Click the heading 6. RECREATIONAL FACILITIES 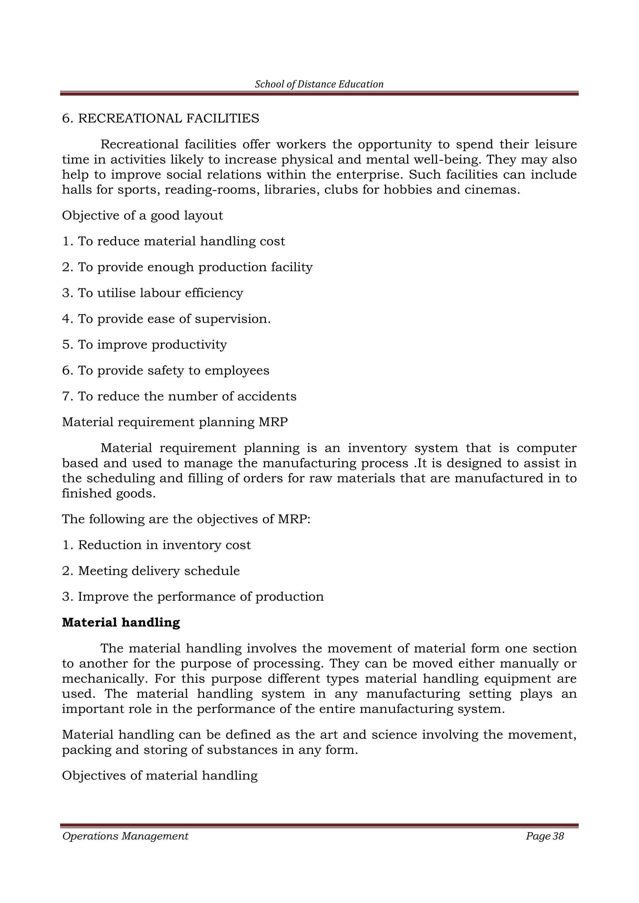[161, 118]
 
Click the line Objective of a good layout [143, 215]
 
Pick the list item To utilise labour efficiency [153, 293]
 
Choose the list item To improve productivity [144, 345]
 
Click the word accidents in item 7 [270, 396]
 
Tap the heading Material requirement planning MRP [175, 422]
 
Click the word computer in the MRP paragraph [546, 448]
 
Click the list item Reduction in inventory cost [156, 545]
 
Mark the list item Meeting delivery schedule [151, 571]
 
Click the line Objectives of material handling [160, 775]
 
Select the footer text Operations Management [125, 837]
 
